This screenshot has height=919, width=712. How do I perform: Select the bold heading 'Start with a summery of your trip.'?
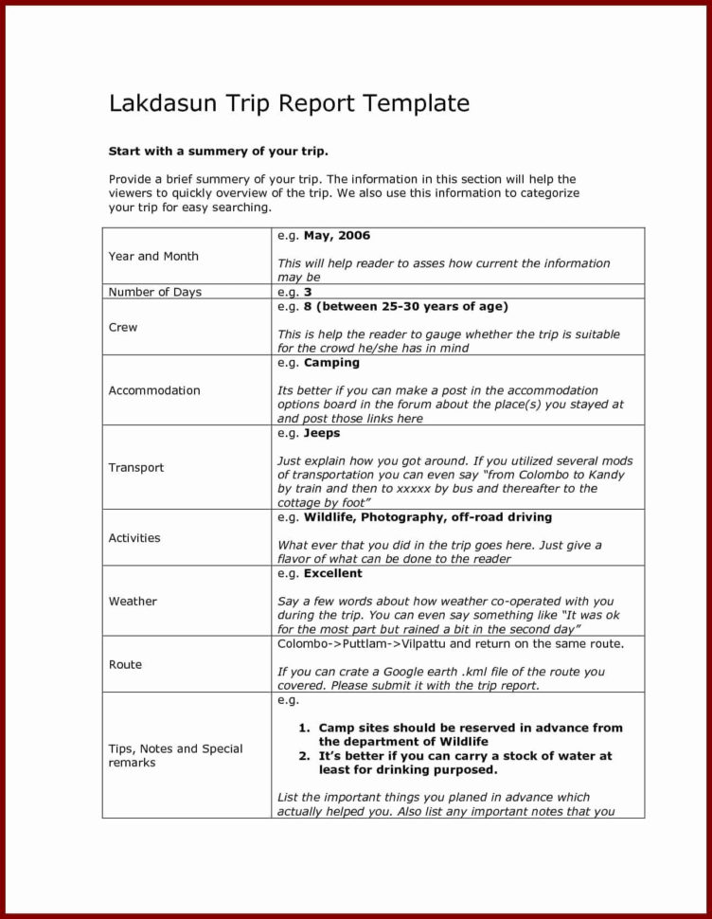click(x=218, y=151)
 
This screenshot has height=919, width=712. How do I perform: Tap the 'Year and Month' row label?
click(x=153, y=256)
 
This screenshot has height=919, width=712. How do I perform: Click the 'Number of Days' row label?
click(x=154, y=292)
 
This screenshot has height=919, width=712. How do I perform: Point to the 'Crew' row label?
click(x=123, y=327)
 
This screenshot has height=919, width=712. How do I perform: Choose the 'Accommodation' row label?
click(x=154, y=390)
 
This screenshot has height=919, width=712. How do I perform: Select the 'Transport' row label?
click(x=136, y=467)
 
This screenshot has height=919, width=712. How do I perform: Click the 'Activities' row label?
click(x=134, y=537)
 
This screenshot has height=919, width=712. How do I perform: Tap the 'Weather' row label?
click(x=133, y=601)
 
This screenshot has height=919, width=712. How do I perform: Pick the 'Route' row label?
click(x=125, y=664)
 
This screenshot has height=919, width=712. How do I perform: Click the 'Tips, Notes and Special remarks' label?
click(x=175, y=755)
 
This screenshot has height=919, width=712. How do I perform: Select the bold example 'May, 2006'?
click(x=336, y=235)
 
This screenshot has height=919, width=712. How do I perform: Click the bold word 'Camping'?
click(x=331, y=362)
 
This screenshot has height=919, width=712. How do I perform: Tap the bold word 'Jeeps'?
click(x=322, y=432)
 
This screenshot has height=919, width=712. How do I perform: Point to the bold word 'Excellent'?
click(x=332, y=573)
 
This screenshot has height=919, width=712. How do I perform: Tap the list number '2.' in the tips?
click(x=305, y=756)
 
